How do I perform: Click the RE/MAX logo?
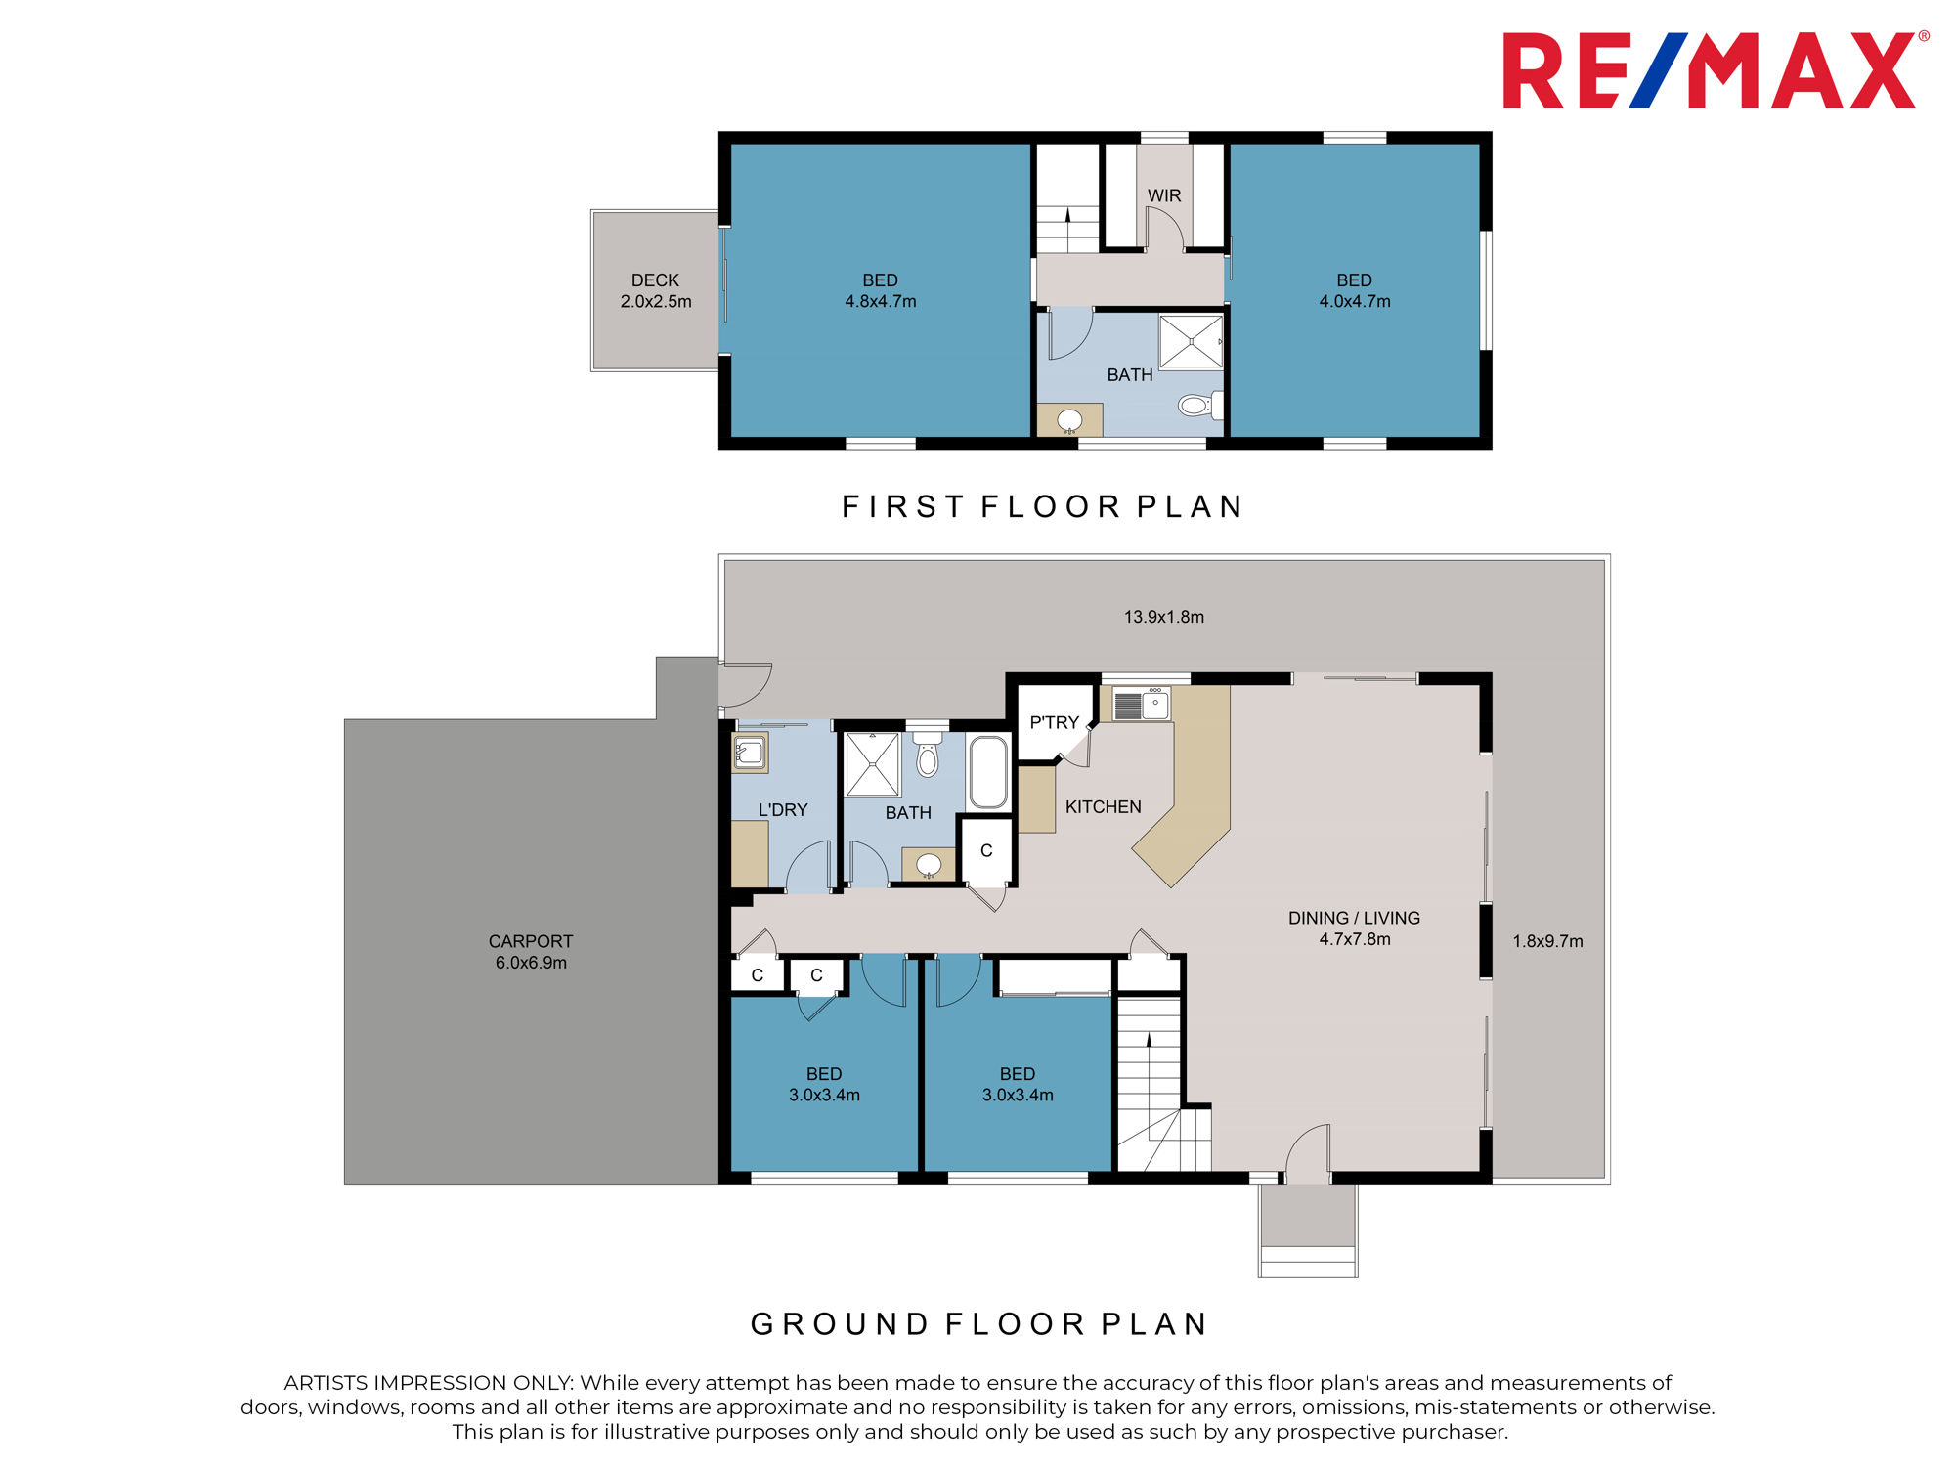(x=1716, y=70)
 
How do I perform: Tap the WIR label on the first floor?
(x=1164, y=195)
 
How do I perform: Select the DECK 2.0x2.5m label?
(x=656, y=291)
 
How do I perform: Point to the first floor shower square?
(x=1191, y=341)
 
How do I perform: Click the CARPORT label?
(x=531, y=941)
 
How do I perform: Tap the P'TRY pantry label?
(x=1054, y=722)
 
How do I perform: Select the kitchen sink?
(x=1142, y=705)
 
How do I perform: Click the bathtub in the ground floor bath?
(x=988, y=772)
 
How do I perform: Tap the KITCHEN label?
(x=1103, y=806)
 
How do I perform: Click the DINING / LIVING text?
(x=1354, y=918)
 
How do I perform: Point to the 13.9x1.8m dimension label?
(x=1163, y=617)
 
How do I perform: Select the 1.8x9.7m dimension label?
(x=1547, y=941)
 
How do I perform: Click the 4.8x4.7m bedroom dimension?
(x=881, y=302)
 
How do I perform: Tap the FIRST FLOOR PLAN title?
(x=1042, y=506)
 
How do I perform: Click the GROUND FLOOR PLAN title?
(x=979, y=1323)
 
